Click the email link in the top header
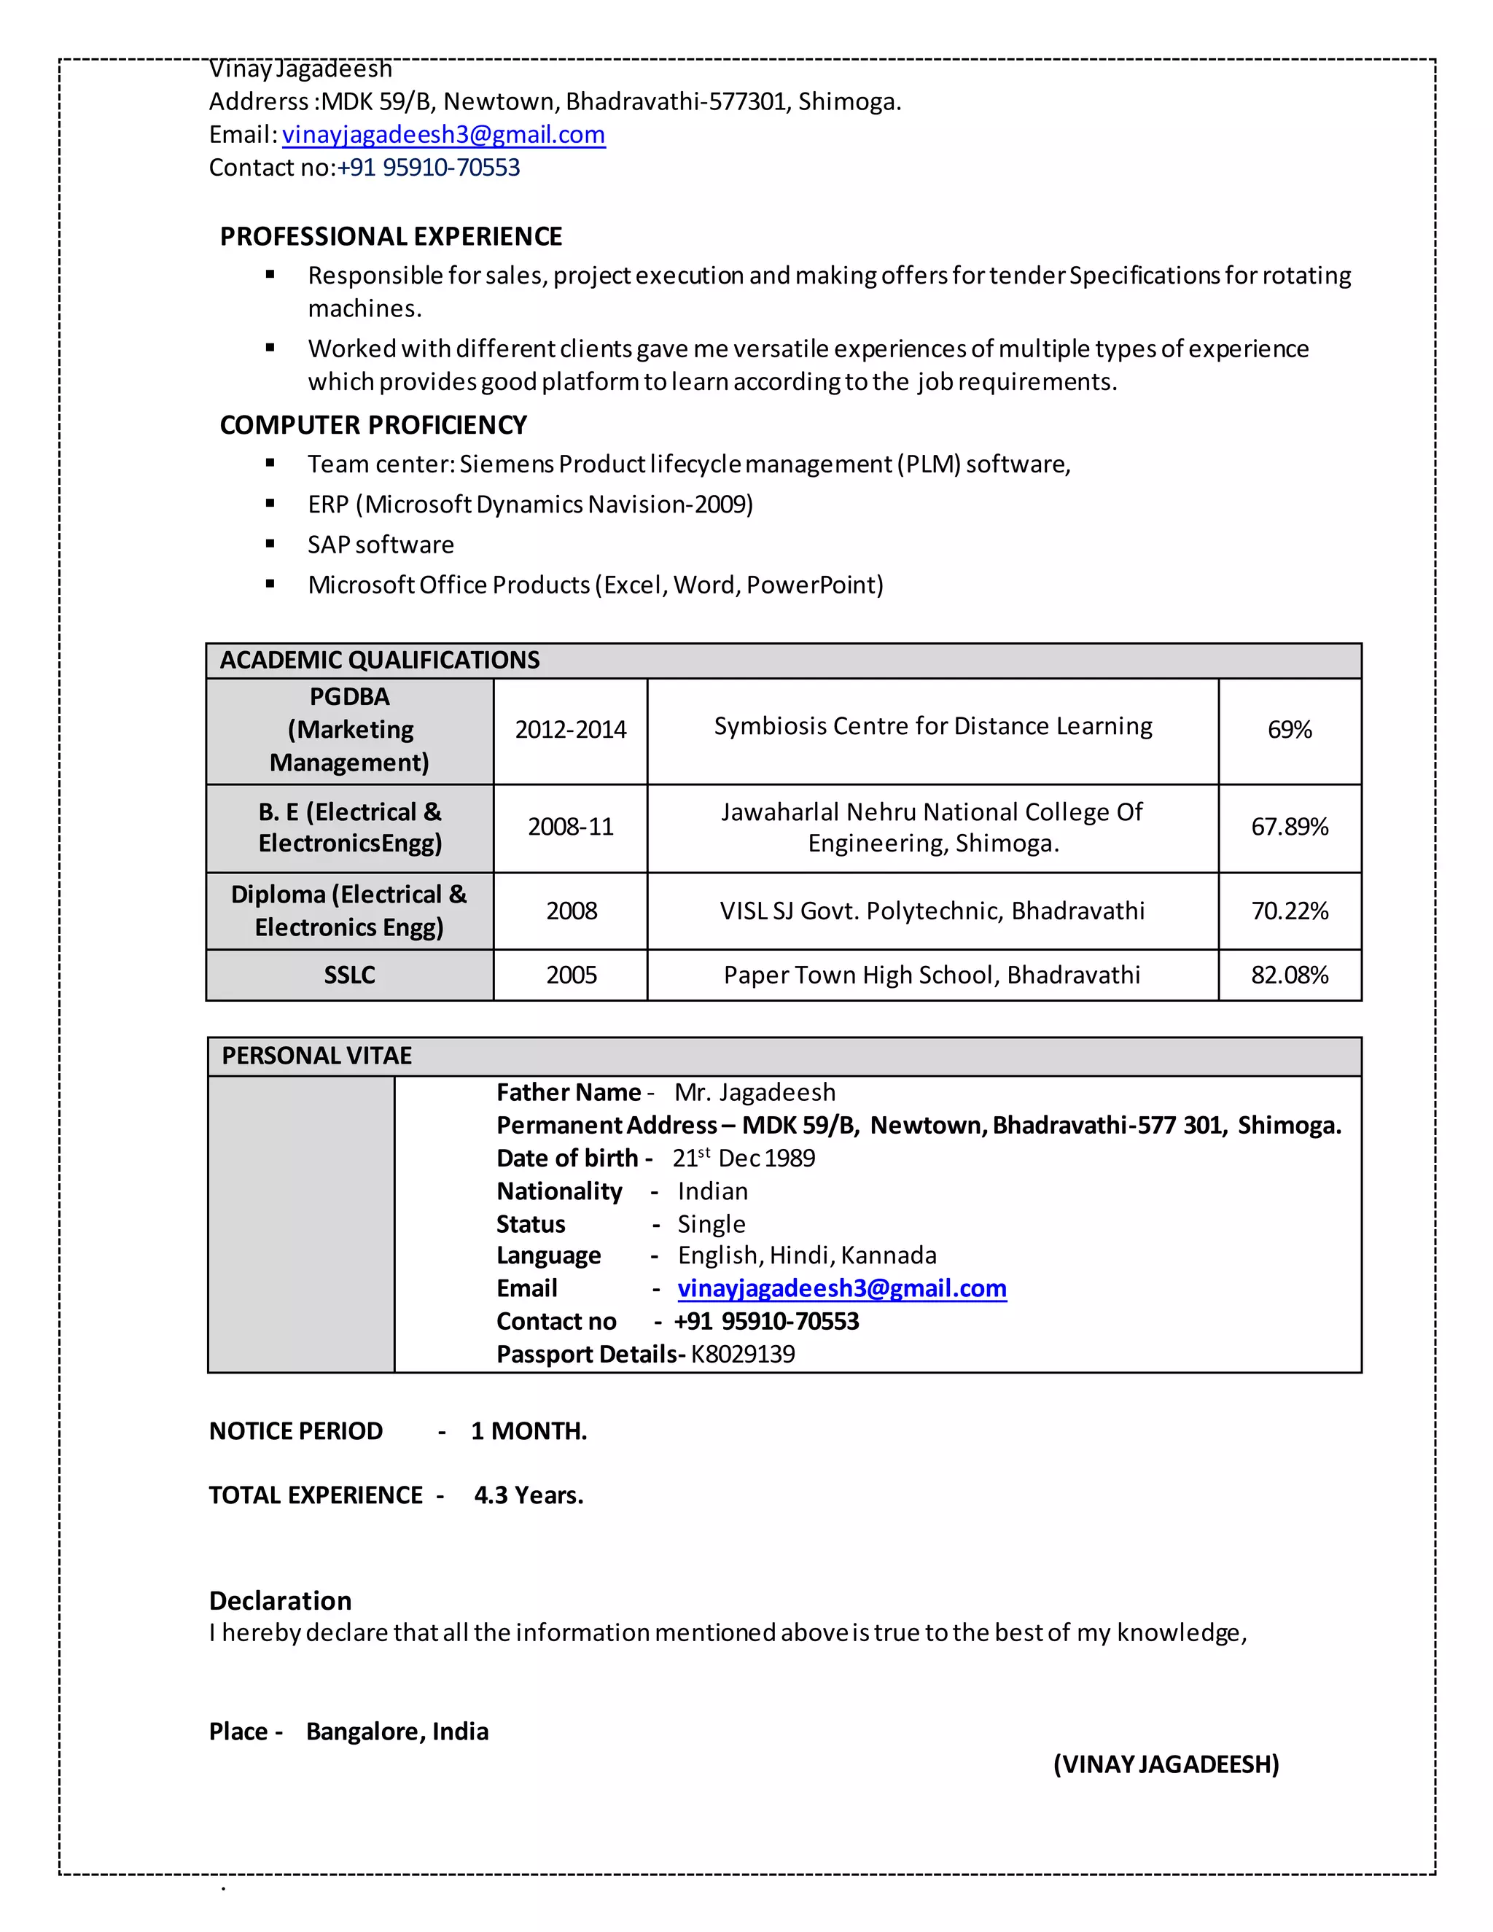coord(443,134)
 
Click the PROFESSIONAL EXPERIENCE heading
coord(391,236)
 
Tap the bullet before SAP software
coord(270,543)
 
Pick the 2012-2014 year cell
coord(571,730)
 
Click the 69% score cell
coord(1289,730)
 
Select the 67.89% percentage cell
coord(1289,826)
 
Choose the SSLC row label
coord(349,975)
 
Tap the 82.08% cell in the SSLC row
coord(1289,975)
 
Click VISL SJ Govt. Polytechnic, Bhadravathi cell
coord(932,911)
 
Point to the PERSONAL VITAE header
coord(316,1056)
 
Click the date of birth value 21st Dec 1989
coord(743,1158)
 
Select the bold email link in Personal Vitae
coord(841,1288)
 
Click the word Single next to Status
coord(711,1223)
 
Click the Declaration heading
coord(281,1600)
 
